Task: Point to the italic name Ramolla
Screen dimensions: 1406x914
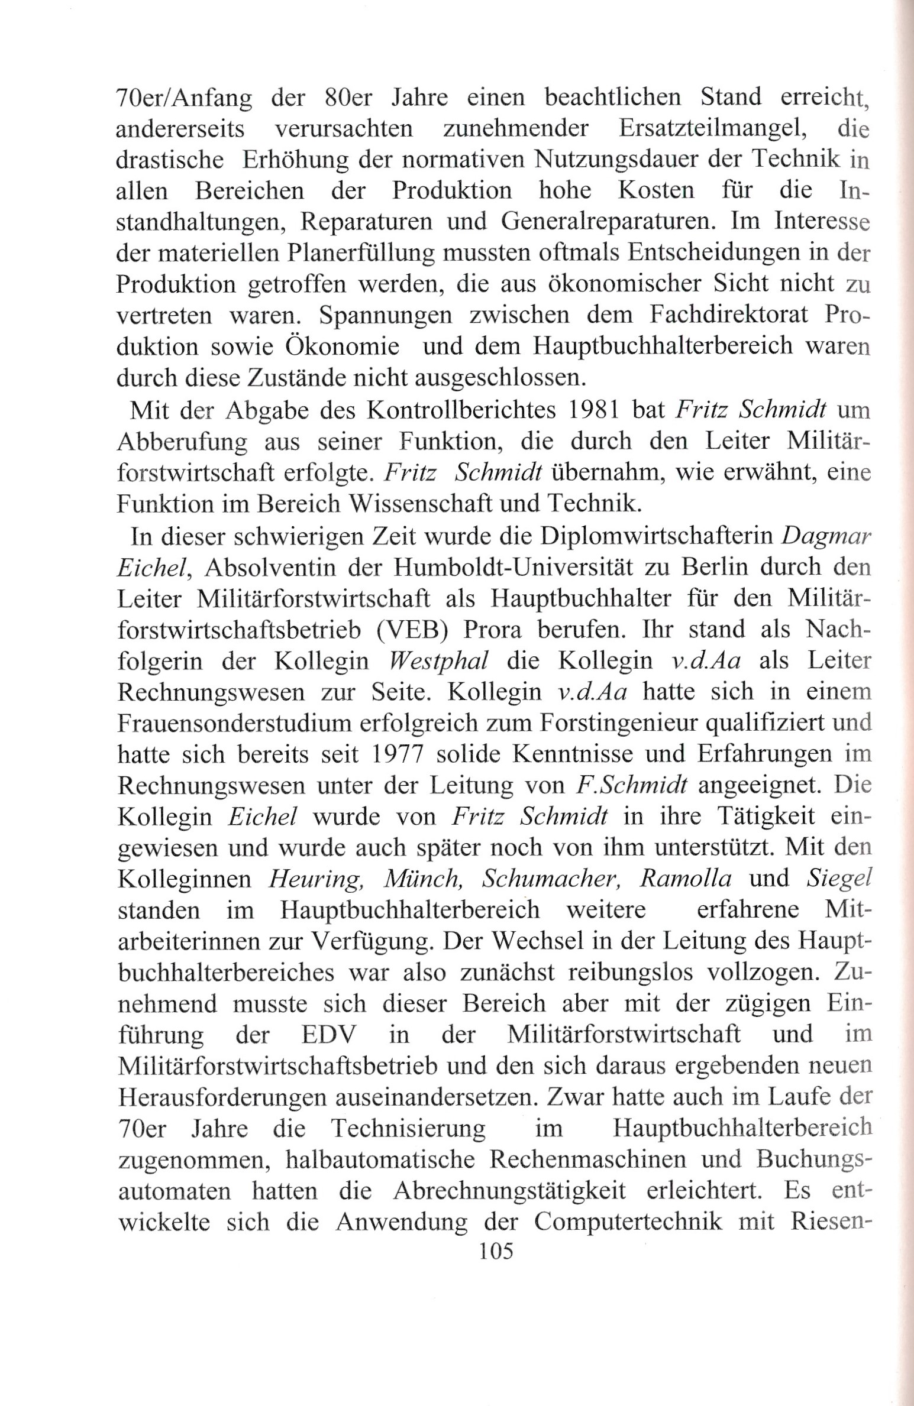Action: click(686, 879)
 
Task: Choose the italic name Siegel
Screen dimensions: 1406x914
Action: click(839, 879)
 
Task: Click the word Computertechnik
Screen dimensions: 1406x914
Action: click(628, 1221)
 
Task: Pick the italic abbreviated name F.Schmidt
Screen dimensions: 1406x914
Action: click(631, 785)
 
